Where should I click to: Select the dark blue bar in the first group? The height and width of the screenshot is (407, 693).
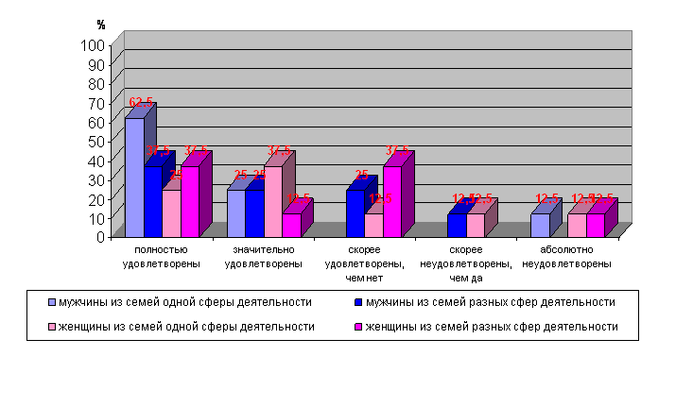click(x=153, y=202)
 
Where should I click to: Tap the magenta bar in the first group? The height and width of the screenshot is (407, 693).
click(x=190, y=202)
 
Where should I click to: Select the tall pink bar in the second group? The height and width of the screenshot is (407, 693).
click(x=273, y=202)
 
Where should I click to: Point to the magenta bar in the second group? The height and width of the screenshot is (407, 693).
click(x=291, y=226)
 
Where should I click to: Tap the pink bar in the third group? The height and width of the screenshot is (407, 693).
click(x=373, y=226)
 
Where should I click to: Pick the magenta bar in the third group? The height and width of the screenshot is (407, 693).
click(x=392, y=202)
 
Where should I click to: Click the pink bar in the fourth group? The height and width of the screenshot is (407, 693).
click(x=476, y=226)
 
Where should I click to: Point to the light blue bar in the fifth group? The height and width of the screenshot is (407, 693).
click(x=540, y=226)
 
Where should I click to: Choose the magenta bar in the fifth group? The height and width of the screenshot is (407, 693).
click(x=596, y=226)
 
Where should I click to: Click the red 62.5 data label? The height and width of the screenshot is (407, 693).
click(x=141, y=102)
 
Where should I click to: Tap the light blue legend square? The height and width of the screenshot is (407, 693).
click(x=52, y=302)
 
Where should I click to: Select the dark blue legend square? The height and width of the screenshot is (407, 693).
click(x=358, y=302)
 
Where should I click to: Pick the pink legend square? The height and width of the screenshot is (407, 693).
click(x=52, y=327)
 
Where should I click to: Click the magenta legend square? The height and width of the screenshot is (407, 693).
click(x=358, y=327)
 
